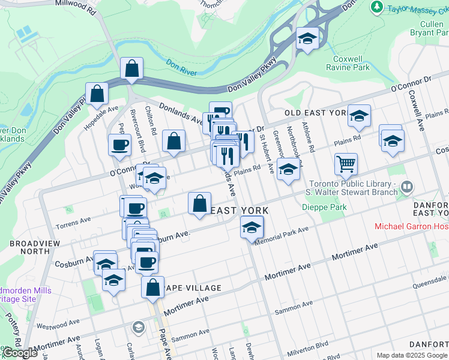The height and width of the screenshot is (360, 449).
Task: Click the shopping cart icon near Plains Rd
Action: click(345, 163)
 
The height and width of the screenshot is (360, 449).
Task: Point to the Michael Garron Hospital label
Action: click(411, 226)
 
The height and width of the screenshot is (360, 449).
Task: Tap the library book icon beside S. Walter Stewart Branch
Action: click(408, 187)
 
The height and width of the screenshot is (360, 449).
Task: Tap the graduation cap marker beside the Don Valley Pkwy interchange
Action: click(307, 39)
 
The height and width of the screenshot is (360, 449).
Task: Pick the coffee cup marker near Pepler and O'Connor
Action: click(119, 144)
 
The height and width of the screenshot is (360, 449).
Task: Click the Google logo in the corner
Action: click(20, 353)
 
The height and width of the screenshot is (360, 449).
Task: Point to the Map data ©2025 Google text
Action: click(412, 355)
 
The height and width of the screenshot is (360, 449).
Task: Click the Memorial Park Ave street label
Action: click(282, 235)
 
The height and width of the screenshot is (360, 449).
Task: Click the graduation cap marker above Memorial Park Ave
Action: click(252, 227)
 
